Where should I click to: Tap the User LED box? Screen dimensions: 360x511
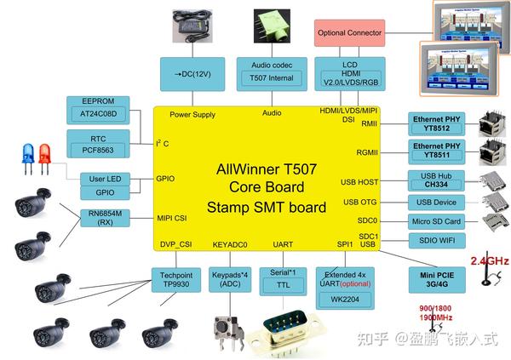105,179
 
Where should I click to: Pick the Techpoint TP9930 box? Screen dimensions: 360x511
175,281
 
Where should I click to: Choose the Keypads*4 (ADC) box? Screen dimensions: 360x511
229,281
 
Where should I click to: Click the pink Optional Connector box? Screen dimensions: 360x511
348,33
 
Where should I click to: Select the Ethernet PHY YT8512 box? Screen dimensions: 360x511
437,123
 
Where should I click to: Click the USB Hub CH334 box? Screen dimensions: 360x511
437,181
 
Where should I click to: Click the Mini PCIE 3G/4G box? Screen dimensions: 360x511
437,281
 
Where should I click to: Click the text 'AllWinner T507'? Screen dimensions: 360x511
265,169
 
